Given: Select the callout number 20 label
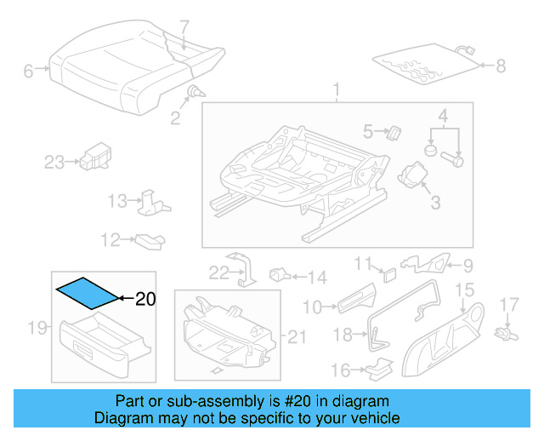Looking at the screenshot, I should (x=146, y=299).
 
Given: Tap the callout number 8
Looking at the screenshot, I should (x=500, y=65).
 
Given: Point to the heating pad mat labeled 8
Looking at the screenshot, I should (x=421, y=64).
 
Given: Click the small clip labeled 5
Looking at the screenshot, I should (x=394, y=131).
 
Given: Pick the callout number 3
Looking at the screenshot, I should (x=434, y=202).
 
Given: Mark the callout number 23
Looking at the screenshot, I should (x=54, y=162).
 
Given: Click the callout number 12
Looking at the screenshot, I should (x=111, y=241).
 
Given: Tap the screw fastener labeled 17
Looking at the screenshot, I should (x=507, y=328).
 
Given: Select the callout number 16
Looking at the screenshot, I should (x=341, y=370).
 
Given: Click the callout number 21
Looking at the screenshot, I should (x=295, y=338).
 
